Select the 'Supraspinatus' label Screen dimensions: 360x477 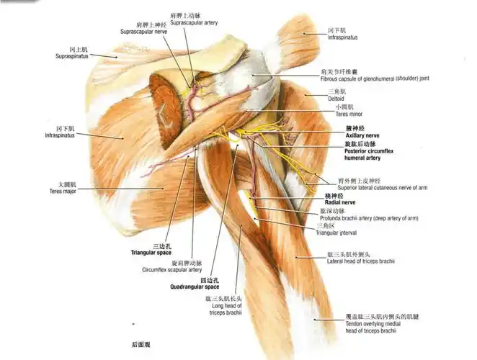[x=72, y=56]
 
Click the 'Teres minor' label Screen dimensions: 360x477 [x=339, y=113]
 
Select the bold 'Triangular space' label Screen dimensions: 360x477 [x=151, y=253]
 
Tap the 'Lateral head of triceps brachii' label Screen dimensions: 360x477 [x=360, y=261]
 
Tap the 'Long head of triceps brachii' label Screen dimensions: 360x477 [x=223, y=309]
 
